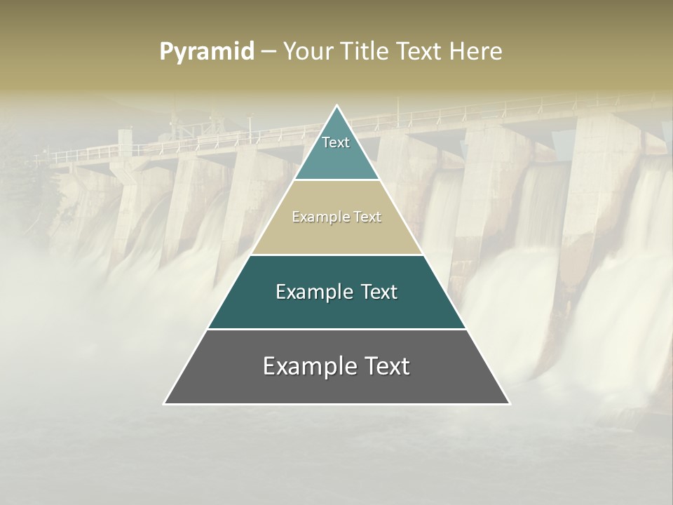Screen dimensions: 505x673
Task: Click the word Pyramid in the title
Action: coord(206,52)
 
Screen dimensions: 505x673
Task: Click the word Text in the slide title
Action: coord(421,52)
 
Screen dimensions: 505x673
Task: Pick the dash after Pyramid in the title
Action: coord(268,52)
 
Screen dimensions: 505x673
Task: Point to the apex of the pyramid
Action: coord(336,107)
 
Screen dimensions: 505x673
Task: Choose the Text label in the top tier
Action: coord(336,142)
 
